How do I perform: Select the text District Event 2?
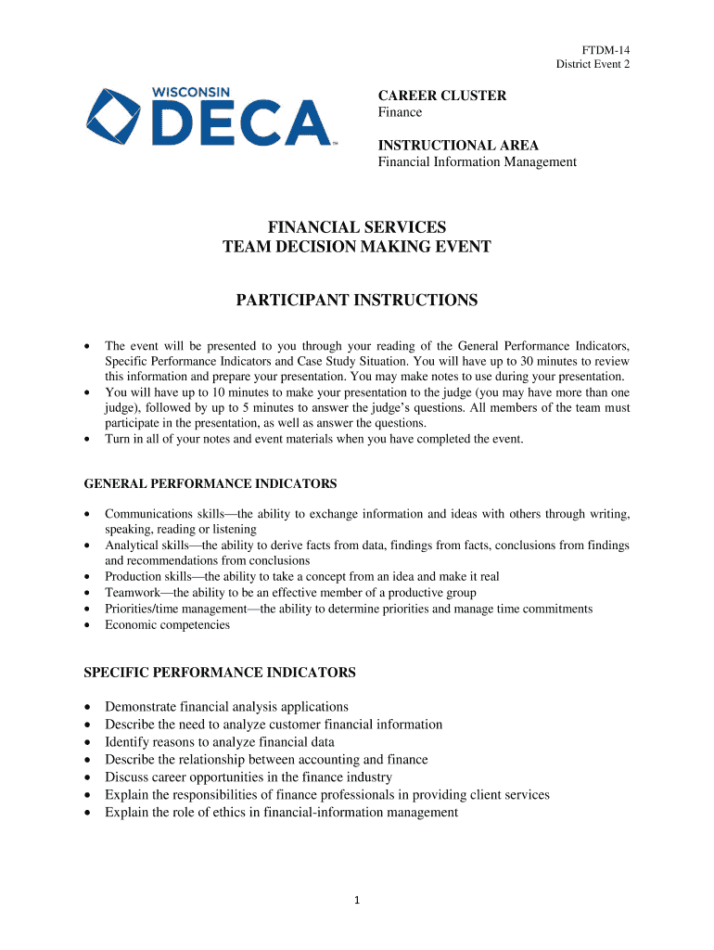(x=593, y=64)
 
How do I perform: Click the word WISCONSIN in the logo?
(x=191, y=94)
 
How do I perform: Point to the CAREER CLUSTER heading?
(x=441, y=96)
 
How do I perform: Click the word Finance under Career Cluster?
(x=400, y=112)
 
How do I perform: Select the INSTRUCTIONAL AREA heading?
(x=457, y=146)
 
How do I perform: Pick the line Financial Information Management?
(x=477, y=162)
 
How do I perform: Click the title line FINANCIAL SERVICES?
(x=357, y=227)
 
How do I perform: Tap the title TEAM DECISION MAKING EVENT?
(x=357, y=247)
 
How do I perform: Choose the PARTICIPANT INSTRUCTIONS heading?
(x=357, y=301)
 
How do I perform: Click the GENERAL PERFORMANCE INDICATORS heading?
(x=210, y=483)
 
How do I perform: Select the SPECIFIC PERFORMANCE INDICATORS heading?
(x=220, y=672)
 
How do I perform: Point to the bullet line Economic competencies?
(x=167, y=625)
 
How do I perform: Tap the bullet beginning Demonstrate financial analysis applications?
(x=226, y=707)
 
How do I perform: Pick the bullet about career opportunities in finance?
(x=249, y=777)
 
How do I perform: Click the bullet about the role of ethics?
(x=281, y=813)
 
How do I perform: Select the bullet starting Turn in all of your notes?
(x=313, y=439)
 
